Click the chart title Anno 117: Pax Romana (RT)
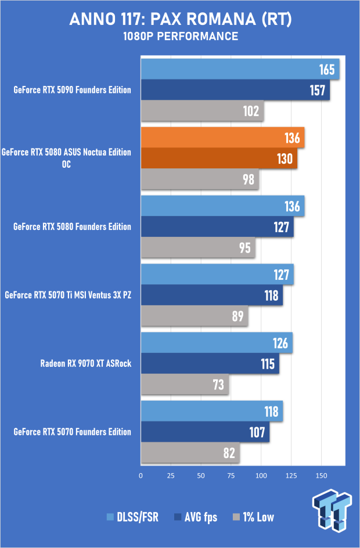click(x=180, y=20)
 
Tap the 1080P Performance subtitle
click(x=180, y=37)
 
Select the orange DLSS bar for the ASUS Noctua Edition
click(x=222, y=138)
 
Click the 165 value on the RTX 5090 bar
click(x=327, y=70)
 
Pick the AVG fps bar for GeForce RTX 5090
click(x=235, y=90)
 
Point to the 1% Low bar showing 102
click(x=202, y=110)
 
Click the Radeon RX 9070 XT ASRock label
click(x=86, y=364)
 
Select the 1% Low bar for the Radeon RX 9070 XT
click(x=185, y=384)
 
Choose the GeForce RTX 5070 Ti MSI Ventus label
click(x=68, y=295)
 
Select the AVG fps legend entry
click(x=195, y=517)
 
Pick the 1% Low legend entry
click(x=253, y=517)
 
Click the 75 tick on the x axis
click(x=231, y=475)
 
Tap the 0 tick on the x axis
click(x=141, y=475)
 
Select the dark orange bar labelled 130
click(x=219, y=158)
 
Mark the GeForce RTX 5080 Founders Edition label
click(x=72, y=226)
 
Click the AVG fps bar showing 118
click(x=212, y=295)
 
